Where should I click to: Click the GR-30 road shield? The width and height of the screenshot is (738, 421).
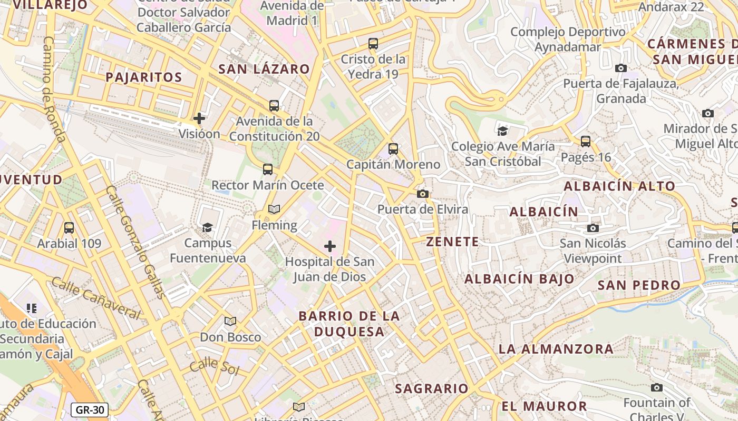point(90,410)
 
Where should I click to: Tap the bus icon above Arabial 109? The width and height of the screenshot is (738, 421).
point(69,228)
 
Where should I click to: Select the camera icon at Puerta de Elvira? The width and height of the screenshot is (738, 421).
point(422,194)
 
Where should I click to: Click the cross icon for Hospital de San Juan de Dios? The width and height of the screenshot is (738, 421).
point(330,246)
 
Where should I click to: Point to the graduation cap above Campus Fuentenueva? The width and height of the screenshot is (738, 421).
point(208,227)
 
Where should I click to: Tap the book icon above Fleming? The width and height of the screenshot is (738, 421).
point(274,209)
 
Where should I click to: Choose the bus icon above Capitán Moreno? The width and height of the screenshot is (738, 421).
point(393,149)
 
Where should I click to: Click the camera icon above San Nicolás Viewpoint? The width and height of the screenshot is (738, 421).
point(593,228)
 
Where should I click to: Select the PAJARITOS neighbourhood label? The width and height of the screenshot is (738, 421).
point(144,77)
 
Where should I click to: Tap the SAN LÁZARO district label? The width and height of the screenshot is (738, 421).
point(264,69)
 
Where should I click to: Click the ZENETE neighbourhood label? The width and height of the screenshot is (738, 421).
point(453,242)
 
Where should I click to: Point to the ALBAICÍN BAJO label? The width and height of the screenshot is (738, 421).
point(519,279)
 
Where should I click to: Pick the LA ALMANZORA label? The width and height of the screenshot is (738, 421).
point(556,349)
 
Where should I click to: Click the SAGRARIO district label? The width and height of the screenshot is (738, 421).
point(432,389)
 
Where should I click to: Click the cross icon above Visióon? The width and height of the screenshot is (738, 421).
point(199,118)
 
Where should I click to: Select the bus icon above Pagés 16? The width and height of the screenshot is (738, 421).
point(586,141)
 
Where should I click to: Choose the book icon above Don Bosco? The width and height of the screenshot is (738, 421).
point(230,321)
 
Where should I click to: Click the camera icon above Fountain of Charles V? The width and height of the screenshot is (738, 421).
point(656,388)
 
